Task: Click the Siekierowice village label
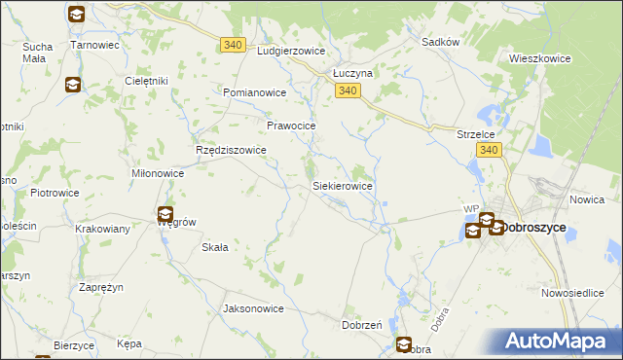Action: (x=342, y=185)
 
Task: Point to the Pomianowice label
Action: (x=254, y=92)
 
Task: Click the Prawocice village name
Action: (x=291, y=126)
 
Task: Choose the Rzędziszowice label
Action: (x=231, y=151)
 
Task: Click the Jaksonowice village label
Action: (x=253, y=308)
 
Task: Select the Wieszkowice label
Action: (x=539, y=58)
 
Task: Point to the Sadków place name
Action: (x=440, y=43)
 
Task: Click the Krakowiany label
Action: (x=103, y=229)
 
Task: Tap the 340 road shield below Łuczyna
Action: (x=350, y=90)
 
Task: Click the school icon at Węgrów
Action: (x=165, y=214)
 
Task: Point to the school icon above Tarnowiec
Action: (x=77, y=15)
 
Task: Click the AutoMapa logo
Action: (x=559, y=342)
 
